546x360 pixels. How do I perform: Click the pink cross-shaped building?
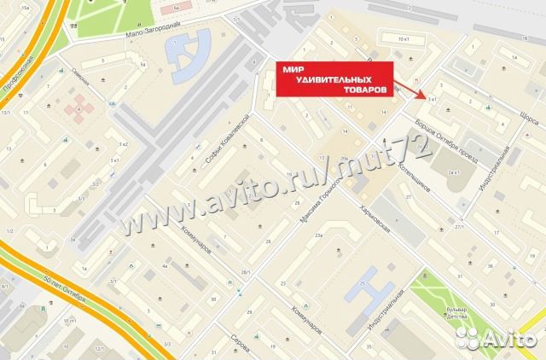pos(82,106)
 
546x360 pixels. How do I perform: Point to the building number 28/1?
pos(246,271)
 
